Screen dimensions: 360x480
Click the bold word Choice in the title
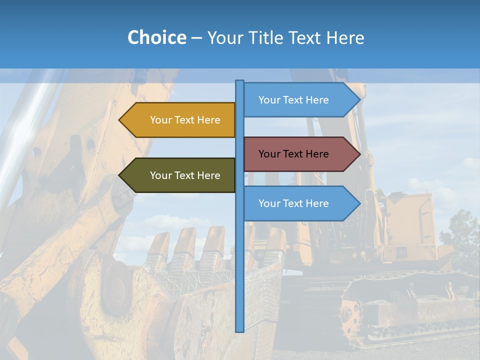pyautogui.click(x=156, y=37)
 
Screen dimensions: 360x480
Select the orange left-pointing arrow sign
pyautogui.click(x=177, y=120)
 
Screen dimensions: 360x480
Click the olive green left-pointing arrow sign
pyautogui.click(x=177, y=175)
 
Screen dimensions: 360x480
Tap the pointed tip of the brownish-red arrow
pyautogui.click(x=359, y=154)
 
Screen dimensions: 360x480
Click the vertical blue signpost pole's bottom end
pyautogui.click(x=240, y=330)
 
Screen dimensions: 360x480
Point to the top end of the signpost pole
pyautogui.click(x=240, y=82)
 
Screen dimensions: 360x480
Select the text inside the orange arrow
pyautogui.click(x=185, y=120)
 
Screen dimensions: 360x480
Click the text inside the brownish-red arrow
pyautogui.click(x=293, y=154)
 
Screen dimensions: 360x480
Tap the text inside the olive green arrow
pyautogui.click(x=185, y=175)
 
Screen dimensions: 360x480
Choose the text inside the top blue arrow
pyautogui.click(x=293, y=100)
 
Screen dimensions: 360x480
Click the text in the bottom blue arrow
pyautogui.click(x=293, y=203)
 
